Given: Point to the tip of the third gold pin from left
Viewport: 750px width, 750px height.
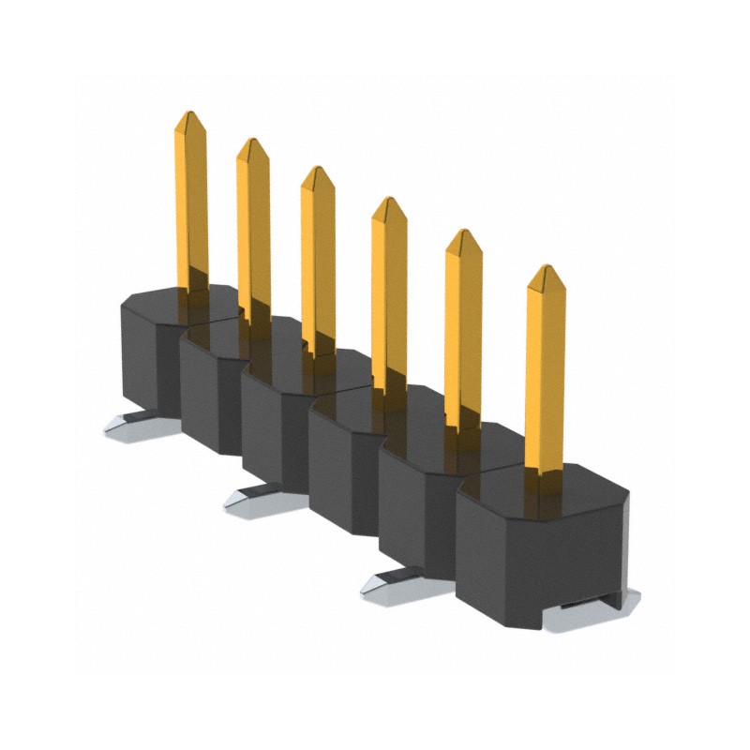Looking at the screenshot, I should [318, 171].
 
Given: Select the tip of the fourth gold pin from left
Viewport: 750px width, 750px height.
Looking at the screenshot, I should [389, 202].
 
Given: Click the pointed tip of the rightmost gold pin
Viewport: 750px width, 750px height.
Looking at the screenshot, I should [544, 270].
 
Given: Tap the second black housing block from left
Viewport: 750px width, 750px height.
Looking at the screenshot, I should [211, 394].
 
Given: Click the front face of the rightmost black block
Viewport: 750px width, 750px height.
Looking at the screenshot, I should [539, 553].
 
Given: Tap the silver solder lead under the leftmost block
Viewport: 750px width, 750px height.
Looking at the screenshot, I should [131, 427].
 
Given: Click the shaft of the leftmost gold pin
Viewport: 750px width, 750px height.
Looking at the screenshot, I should [190, 206].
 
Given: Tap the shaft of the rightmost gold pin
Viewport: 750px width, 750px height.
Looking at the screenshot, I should [545, 375].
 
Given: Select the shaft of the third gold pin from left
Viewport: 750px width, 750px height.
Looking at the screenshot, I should [318, 262].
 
